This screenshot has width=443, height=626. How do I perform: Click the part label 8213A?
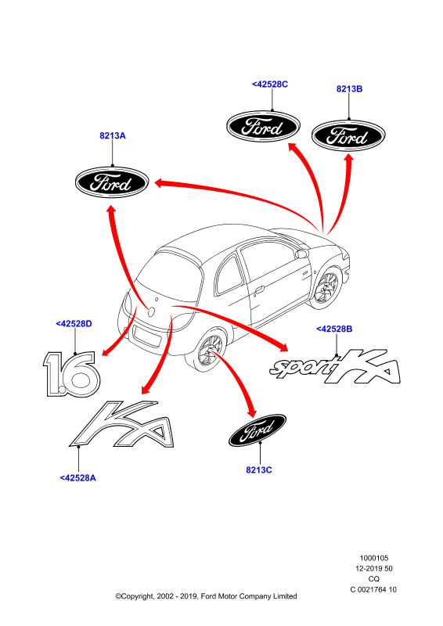pyautogui.click(x=112, y=135)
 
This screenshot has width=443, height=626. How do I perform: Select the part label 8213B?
pyautogui.click(x=349, y=88)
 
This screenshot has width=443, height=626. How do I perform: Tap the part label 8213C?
pyautogui.click(x=259, y=470)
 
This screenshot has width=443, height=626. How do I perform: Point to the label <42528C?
pyautogui.click(x=269, y=85)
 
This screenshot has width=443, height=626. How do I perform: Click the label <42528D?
pyautogui.click(x=74, y=323)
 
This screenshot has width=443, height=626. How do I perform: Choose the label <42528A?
pyautogui.click(x=78, y=478)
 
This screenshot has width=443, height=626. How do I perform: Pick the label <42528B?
pyautogui.click(x=334, y=329)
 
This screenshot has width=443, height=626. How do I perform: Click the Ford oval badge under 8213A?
pyautogui.click(x=112, y=182)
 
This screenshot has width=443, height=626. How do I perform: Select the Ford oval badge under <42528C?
pyautogui.click(x=263, y=127)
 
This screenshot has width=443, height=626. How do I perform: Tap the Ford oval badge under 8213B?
pyautogui.click(x=348, y=135)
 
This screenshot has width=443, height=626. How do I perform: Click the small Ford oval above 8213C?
pyautogui.click(x=258, y=430)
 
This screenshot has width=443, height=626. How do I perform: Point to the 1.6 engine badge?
pyautogui.click(x=71, y=374)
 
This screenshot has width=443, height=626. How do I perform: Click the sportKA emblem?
pyautogui.click(x=335, y=367)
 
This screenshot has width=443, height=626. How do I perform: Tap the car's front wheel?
pyautogui.click(x=326, y=286)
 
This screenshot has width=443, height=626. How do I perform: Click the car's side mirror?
pyautogui.click(x=301, y=253)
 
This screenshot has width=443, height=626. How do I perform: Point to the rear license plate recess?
pyautogui.click(x=147, y=336)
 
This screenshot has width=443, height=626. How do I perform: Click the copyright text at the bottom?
pyautogui.click(x=206, y=596)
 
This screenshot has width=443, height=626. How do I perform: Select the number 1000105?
pyautogui.click(x=374, y=558)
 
